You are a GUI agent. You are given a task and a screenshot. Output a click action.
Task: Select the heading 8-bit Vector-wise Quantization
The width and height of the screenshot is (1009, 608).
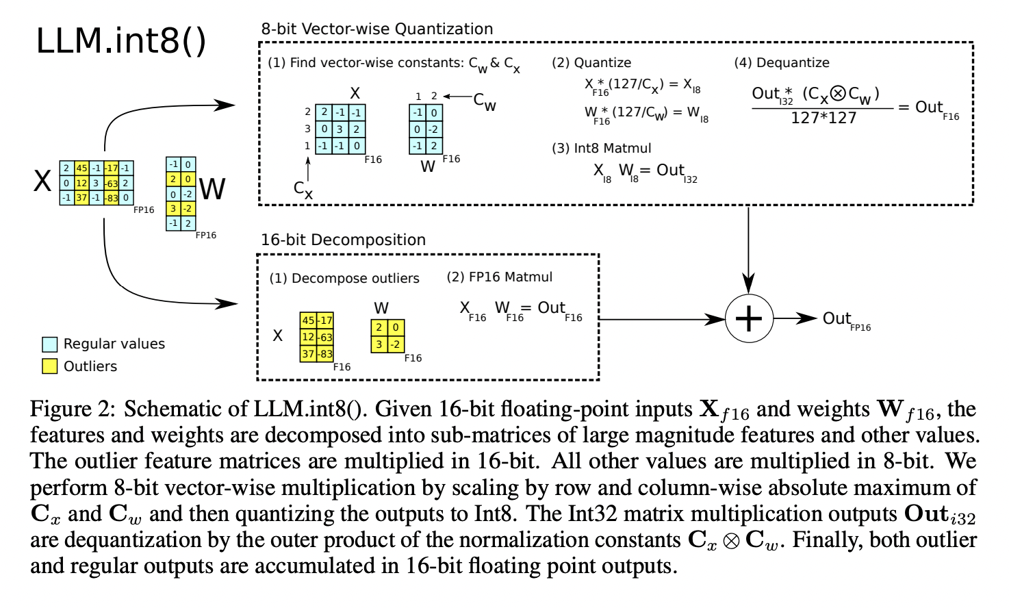[376, 29]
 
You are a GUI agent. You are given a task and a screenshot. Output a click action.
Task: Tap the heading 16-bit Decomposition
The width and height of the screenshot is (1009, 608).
[343, 240]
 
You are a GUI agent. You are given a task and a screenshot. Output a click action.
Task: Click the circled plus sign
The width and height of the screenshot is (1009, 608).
[748, 318]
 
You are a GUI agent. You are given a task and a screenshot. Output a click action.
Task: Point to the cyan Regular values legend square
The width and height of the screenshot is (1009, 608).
[49, 344]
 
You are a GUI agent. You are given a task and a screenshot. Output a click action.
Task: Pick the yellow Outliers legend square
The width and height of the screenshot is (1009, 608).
[49, 366]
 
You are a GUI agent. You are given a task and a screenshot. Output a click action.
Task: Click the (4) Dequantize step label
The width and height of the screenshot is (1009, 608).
[781, 62]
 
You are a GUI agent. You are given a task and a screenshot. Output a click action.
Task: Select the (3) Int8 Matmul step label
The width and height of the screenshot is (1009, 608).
[601, 148]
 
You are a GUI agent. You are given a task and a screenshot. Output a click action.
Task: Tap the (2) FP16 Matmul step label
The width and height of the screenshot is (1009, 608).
[499, 277]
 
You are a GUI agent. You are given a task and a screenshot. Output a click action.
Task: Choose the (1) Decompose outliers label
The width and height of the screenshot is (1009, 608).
[344, 278]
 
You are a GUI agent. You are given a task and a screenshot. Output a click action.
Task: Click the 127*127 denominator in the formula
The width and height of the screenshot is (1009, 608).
[823, 118]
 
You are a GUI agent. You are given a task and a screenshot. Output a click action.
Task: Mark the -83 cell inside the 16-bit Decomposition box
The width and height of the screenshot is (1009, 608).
[324, 354]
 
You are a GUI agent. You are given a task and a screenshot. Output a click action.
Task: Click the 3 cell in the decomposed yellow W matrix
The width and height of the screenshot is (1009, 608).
[379, 344]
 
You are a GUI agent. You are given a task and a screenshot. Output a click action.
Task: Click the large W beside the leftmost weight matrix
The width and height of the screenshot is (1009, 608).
[212, 189]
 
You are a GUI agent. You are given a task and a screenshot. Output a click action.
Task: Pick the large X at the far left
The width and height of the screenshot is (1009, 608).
[42, 181]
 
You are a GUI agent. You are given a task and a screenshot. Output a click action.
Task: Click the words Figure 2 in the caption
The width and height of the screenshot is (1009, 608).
[73, 409]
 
